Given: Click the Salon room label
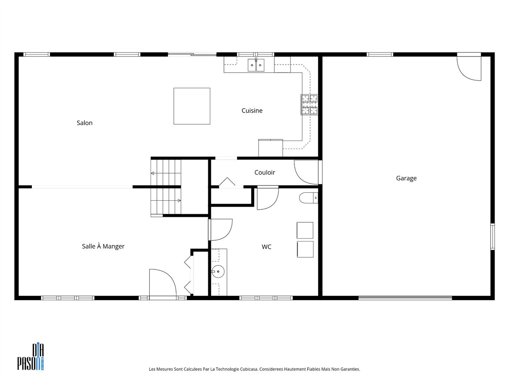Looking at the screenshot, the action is click(84, 123).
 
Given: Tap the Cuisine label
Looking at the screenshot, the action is click(252, 111).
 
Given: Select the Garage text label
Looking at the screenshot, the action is click(406, 178).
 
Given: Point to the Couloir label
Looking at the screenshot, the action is click(265, 172).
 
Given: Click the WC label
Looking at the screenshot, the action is click(266, 247).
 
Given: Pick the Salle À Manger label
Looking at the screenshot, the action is click(103, 246).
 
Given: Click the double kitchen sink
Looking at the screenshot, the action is click(256, 65).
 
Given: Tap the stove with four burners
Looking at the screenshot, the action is click(309, 104).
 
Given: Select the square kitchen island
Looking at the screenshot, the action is click(192, 106).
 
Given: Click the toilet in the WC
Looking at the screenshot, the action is click(308, 198).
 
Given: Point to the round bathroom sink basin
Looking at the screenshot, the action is click(218, 271).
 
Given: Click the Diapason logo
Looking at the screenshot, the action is click(31, 357).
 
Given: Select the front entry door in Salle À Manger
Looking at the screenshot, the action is click(163, 283).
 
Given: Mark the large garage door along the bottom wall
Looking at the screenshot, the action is click(405, 298).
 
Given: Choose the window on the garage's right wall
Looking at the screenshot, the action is click(492, 236).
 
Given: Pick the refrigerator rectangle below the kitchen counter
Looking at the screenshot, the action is click(270, 148).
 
